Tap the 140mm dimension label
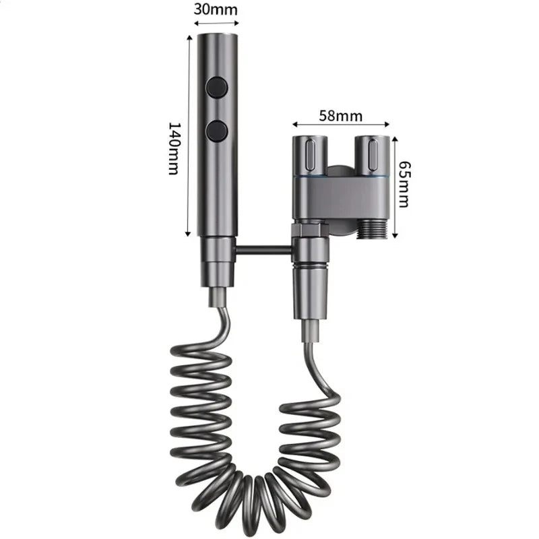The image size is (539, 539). pos(174,149)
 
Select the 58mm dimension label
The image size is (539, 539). pos(341,115)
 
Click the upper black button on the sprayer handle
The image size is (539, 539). pos(217,87)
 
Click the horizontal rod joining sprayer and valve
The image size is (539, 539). pos(264,251)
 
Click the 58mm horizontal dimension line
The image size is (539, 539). pos(341,124)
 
